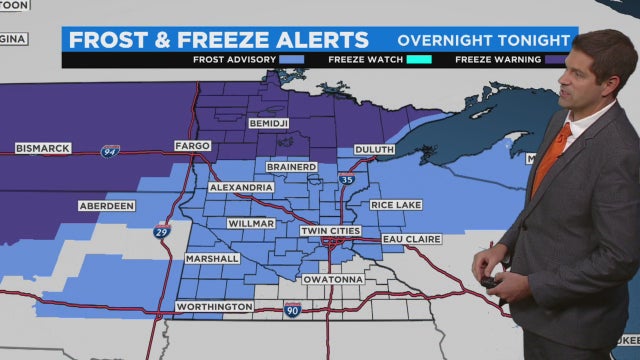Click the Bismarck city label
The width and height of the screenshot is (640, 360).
point(43,149)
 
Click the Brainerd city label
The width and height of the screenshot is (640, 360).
point(292,167)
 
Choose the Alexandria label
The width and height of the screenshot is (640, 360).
point(241,187)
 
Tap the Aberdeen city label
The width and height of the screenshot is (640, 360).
point(106,206)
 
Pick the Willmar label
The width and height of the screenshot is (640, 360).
point(250,223)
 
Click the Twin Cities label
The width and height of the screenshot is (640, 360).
point(332,231)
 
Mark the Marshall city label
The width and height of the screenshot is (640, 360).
point(212,258)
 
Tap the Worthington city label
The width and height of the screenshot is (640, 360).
point(213,306)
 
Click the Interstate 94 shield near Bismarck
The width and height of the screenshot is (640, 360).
point(110,151)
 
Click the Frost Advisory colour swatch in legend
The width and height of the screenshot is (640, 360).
point(292,60)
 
